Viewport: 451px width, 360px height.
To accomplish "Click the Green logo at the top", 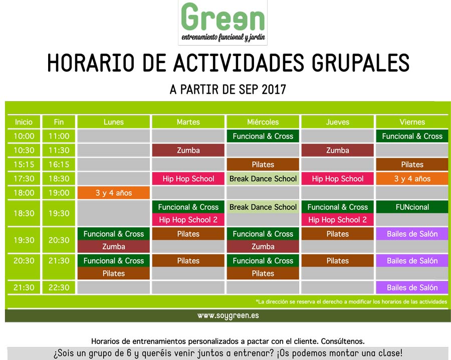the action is coord(222,23).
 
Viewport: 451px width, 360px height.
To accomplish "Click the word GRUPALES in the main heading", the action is coord(361,63).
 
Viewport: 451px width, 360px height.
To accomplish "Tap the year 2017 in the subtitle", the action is coord(274,89).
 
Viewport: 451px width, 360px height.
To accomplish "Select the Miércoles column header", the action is coord(263,122).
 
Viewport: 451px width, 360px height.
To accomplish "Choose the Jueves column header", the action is coord(337,122).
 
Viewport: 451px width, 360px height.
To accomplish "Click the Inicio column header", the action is coord(24,122).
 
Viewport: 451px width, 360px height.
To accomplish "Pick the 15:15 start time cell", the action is coord(24,164).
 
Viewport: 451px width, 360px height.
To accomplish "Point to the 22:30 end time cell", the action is coord(59,287).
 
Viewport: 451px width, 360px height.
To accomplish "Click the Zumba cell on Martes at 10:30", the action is coord(188,150).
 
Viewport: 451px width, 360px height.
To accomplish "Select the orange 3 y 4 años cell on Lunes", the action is coord(114,193).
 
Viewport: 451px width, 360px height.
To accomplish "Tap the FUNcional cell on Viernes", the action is coord(412,207).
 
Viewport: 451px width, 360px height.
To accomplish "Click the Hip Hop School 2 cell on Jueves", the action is coord(337,220).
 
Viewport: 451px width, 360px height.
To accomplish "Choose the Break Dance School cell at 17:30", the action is coord(263,178).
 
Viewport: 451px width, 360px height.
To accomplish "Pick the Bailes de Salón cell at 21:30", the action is coord(412,287).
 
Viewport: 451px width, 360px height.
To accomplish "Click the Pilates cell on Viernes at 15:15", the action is coord(412,164).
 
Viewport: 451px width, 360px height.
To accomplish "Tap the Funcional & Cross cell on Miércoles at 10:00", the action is coord(263,136).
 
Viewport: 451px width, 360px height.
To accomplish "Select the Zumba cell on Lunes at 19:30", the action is coord(114,246).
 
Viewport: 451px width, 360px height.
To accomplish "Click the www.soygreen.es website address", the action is coord(228,315).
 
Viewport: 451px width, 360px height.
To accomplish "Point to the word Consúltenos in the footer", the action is coord(343,341).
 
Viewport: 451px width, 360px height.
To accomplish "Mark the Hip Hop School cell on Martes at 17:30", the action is coord(188,178).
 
